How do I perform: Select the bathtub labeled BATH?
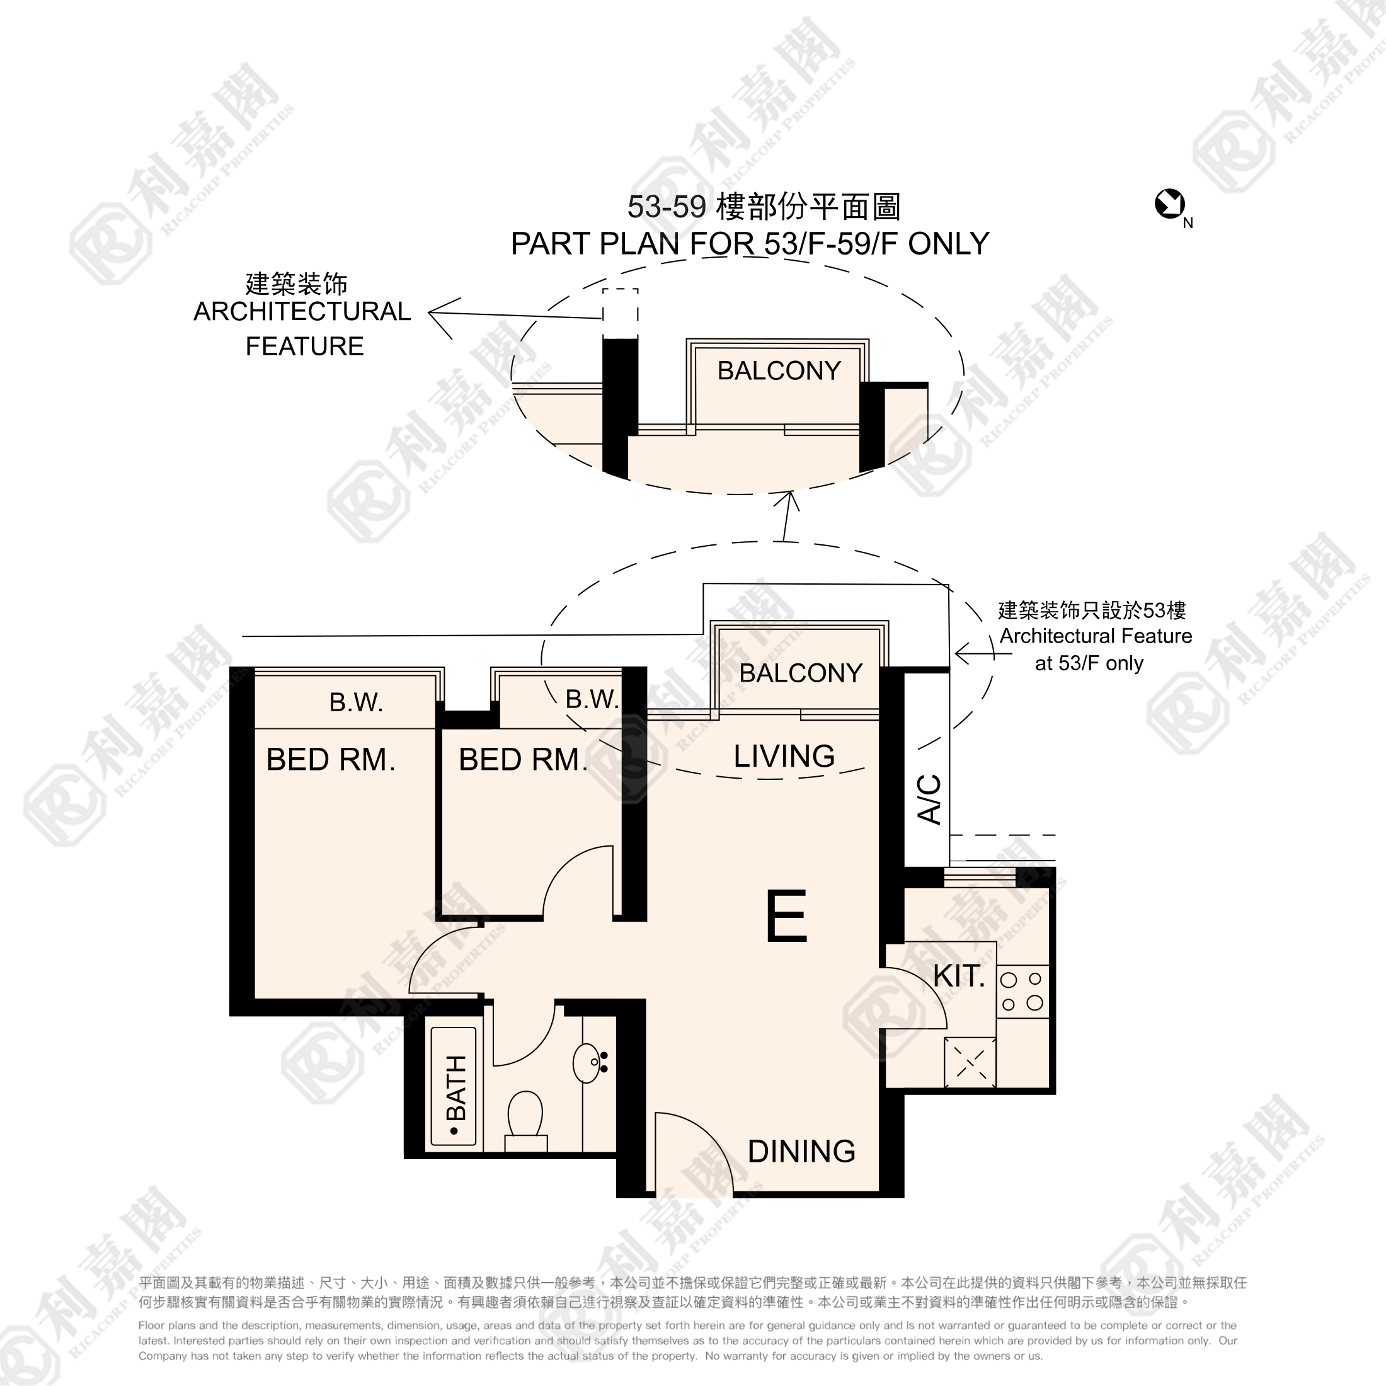[454, 1087]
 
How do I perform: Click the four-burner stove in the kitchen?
[1022, 991]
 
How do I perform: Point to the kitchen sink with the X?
[970, 1062]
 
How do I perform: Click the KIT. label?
[958, 976]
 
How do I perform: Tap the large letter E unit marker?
[786, 915]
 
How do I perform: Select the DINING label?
[801, 1152]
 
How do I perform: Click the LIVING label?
[784, 756]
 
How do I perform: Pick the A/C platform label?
[929, 798]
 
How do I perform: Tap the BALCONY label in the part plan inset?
[779, 370]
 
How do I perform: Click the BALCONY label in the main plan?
[801, 673]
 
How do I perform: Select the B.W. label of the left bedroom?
[356, 702]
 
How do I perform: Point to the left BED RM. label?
[331, 759]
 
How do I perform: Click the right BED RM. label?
[523, 759]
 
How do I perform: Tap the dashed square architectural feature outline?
[620, 314]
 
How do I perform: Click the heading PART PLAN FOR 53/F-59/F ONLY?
[750, 244]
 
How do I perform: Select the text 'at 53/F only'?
[1089, 663]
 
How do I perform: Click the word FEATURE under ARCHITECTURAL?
[304, 346]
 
